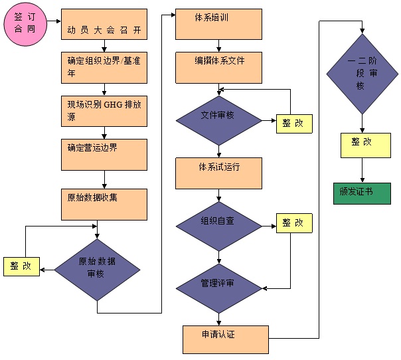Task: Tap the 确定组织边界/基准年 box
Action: point(104,68)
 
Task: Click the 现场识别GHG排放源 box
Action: point(104,111)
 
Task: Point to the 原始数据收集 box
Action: point(104,205)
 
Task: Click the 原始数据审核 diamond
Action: point(97,269)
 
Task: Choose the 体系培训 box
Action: point(218,24)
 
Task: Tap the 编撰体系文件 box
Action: point(218,67)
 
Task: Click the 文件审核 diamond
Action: point(218,120)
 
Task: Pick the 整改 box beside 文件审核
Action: point(293,124)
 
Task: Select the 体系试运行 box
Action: point(218,173)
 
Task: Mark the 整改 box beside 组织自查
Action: point(293,223)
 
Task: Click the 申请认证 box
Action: point(226,339)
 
